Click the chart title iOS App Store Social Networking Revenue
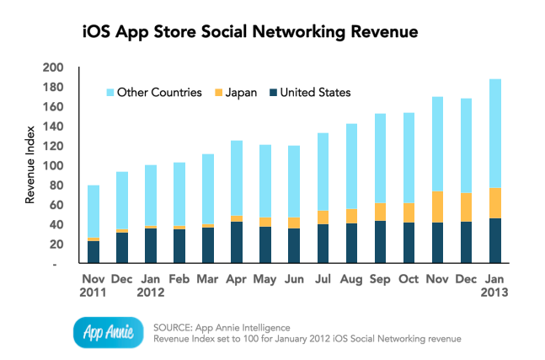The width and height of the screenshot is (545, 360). coord(250,33)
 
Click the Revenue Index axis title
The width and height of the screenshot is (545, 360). coord(31,167)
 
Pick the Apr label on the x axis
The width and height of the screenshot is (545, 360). coord(237,277)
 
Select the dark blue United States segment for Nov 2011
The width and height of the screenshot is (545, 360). coord(94,253)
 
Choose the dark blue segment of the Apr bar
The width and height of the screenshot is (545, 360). coord(237,243)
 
